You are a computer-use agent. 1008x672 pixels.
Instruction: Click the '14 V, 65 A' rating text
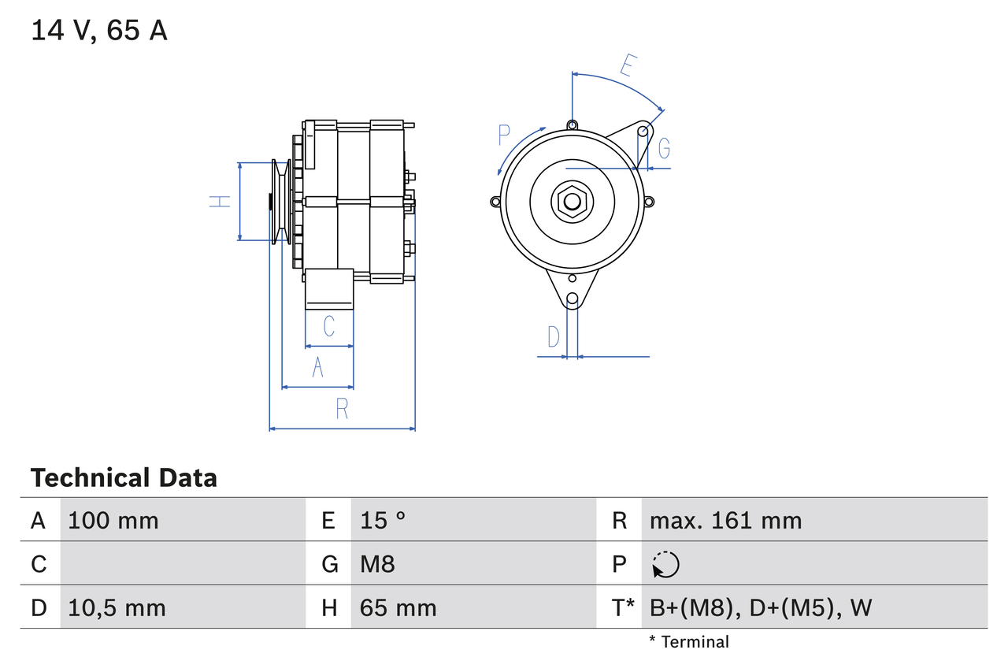(x=99, y=31)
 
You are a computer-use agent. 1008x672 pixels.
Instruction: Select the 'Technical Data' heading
(x=124, y=477)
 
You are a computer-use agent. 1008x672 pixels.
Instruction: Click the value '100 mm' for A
(x=113, y=520)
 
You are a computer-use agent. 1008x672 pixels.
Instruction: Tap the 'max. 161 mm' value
(x=725, y=520)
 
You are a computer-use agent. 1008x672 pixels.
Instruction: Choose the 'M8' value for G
(x=377, y=564)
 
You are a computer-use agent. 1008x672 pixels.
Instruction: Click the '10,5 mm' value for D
(x=117, y=607)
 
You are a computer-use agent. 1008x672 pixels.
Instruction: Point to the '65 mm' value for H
(x=398, y=607)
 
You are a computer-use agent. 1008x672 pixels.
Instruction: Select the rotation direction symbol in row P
(x=665, y=564)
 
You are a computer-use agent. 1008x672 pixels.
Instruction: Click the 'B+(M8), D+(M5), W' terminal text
(x=761, y=607)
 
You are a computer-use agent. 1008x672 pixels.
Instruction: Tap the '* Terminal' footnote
(x=689, y=642)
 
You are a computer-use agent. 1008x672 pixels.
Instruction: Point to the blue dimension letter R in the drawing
(x=342, y=409)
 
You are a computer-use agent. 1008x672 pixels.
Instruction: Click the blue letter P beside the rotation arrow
(x=505, y=136)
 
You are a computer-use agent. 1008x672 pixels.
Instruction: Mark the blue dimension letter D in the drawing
(x=554, y=337)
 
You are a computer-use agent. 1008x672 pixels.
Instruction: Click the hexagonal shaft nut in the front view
(x=572, y=202)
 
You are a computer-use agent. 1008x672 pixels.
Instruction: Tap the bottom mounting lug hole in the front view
(x=573, y=299)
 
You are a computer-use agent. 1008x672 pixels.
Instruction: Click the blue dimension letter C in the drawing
(x=329, y=325)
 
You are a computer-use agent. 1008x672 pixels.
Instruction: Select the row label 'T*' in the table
(x=623, y=607)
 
